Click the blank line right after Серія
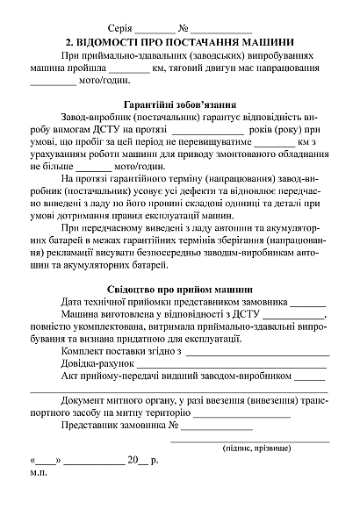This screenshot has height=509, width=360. point(155,30)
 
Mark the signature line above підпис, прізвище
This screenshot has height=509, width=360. point(249,438)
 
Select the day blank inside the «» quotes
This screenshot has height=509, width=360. point(45,461)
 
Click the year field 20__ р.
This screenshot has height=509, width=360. point(140,460)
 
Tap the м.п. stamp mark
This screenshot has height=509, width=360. point(40,472)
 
